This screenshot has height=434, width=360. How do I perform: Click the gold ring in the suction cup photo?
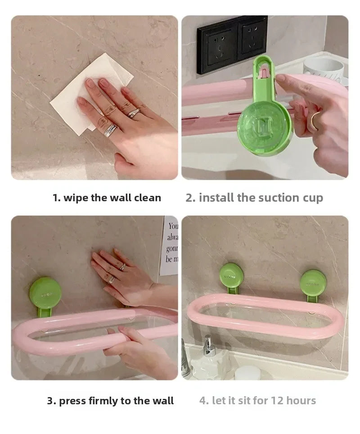[x=315, y=120]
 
